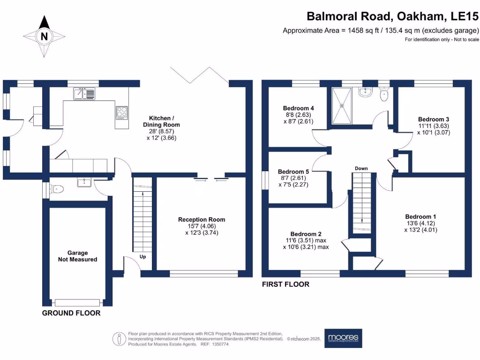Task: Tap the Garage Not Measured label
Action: point(78,256)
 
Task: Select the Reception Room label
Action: point(202,225)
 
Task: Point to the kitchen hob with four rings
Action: point(121,112)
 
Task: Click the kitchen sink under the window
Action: point(84,94)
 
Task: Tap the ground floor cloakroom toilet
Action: point(57,189)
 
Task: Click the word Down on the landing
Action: point(361,168)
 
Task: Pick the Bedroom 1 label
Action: point(420,223)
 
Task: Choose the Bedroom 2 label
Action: point(306,240)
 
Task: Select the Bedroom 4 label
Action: point(298,114)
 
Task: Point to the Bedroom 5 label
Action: point(293,178)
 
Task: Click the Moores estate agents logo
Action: point(344,338)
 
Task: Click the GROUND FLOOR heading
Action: point(71,313)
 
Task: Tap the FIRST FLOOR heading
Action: point(285,284)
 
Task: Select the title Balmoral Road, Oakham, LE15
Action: point(393,16)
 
